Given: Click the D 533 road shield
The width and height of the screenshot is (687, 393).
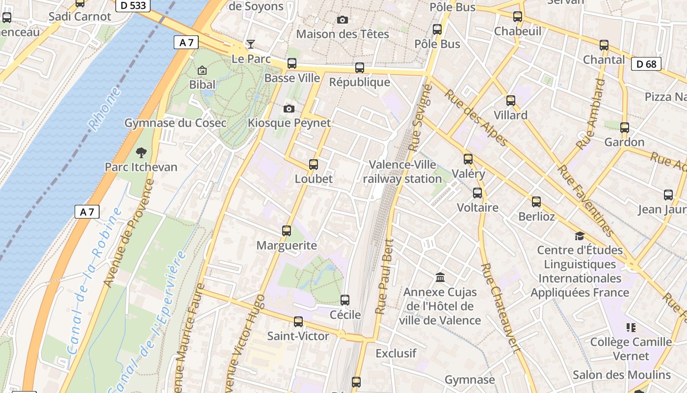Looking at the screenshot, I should click(132, 6).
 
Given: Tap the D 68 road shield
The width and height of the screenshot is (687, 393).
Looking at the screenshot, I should click(646, 64).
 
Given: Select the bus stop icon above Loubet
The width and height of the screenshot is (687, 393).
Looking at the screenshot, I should click(314, 165).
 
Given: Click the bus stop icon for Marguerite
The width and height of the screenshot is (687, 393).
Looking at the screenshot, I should click(287, 230).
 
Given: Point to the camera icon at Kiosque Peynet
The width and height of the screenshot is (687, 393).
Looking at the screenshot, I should click(289, 109).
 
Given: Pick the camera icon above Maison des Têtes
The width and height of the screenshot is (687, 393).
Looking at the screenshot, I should click(343, 20).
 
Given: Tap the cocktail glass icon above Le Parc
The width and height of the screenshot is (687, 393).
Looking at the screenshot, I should click(251, 44).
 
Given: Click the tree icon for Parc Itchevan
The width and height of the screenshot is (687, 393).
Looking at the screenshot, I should click(141, 153).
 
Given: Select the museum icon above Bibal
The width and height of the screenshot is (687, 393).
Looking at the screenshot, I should click(202, 71).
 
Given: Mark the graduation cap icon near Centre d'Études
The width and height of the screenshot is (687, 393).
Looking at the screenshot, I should click(580, 236).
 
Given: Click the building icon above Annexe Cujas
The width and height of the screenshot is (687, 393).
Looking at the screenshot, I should click(440, 278).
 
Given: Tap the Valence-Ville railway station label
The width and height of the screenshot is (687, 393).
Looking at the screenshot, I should click(402, 171).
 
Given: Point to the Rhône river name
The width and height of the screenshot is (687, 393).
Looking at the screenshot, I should click(104, 109).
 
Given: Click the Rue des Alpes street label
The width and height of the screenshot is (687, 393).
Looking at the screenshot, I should click(476, 118).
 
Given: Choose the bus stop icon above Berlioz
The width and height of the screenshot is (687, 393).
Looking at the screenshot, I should click(536, 201).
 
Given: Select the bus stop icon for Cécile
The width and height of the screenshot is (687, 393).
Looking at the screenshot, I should click(345, 300).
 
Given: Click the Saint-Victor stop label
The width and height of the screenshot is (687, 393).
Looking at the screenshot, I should click(298, 336).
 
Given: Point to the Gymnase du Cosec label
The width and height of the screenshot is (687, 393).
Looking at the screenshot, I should click(175, 123).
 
